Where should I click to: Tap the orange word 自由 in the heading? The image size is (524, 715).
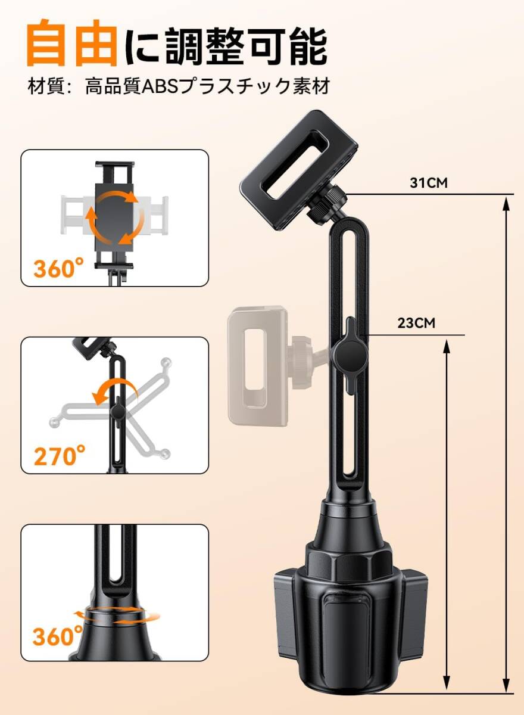pyautogui.click(x=73, y=43)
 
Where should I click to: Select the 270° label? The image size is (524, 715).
pyautogui.click(x=60, y=456)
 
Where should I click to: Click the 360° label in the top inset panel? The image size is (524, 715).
pyautogui.click(x=59, y=269)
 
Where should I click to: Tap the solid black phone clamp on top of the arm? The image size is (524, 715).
pyautogui.click(x=299, y=170)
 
